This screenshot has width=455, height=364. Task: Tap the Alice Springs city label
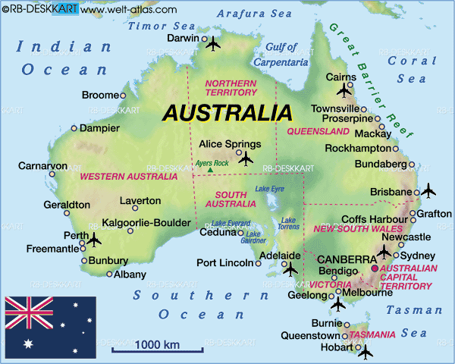(229, 144)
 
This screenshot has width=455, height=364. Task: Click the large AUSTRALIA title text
(228, 114)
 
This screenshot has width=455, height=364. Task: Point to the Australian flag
(51, 326)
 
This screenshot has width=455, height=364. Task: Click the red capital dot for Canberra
(373, 268)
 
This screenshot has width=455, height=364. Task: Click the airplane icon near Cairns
(345, 91)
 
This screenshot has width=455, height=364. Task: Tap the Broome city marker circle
(123, 96)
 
